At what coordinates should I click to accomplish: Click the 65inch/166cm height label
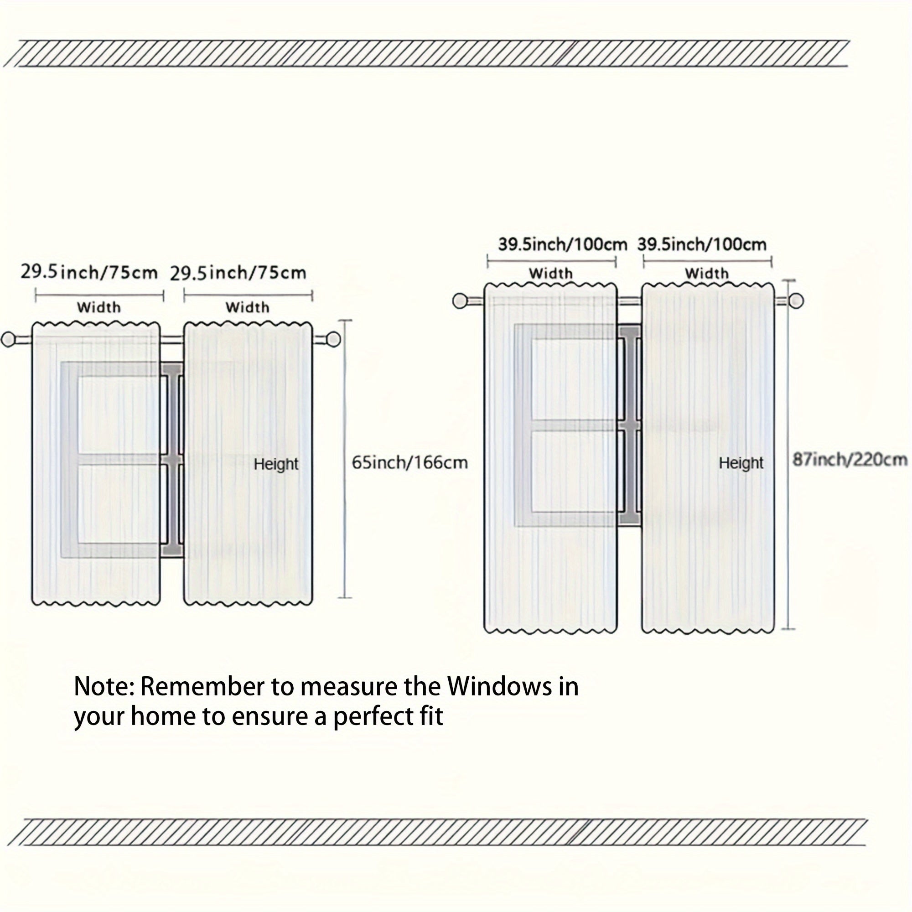coord(409,462)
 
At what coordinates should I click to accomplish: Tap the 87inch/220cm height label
coord(849,459)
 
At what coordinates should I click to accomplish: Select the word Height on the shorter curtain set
coord(276,464)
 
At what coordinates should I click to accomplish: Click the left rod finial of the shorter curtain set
coord(9,339)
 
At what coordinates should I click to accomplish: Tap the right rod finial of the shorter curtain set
coord(333,339)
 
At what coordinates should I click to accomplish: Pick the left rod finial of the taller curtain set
coord(460,301)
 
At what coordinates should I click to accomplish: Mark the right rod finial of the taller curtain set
coord(796,301)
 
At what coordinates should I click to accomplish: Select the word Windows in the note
coord(500,686)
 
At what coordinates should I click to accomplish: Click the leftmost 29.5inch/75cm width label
coord(89,272)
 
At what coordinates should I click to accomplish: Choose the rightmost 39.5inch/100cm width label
coord(701,244)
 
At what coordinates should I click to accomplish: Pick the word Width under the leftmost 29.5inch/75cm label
coord(98,307)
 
